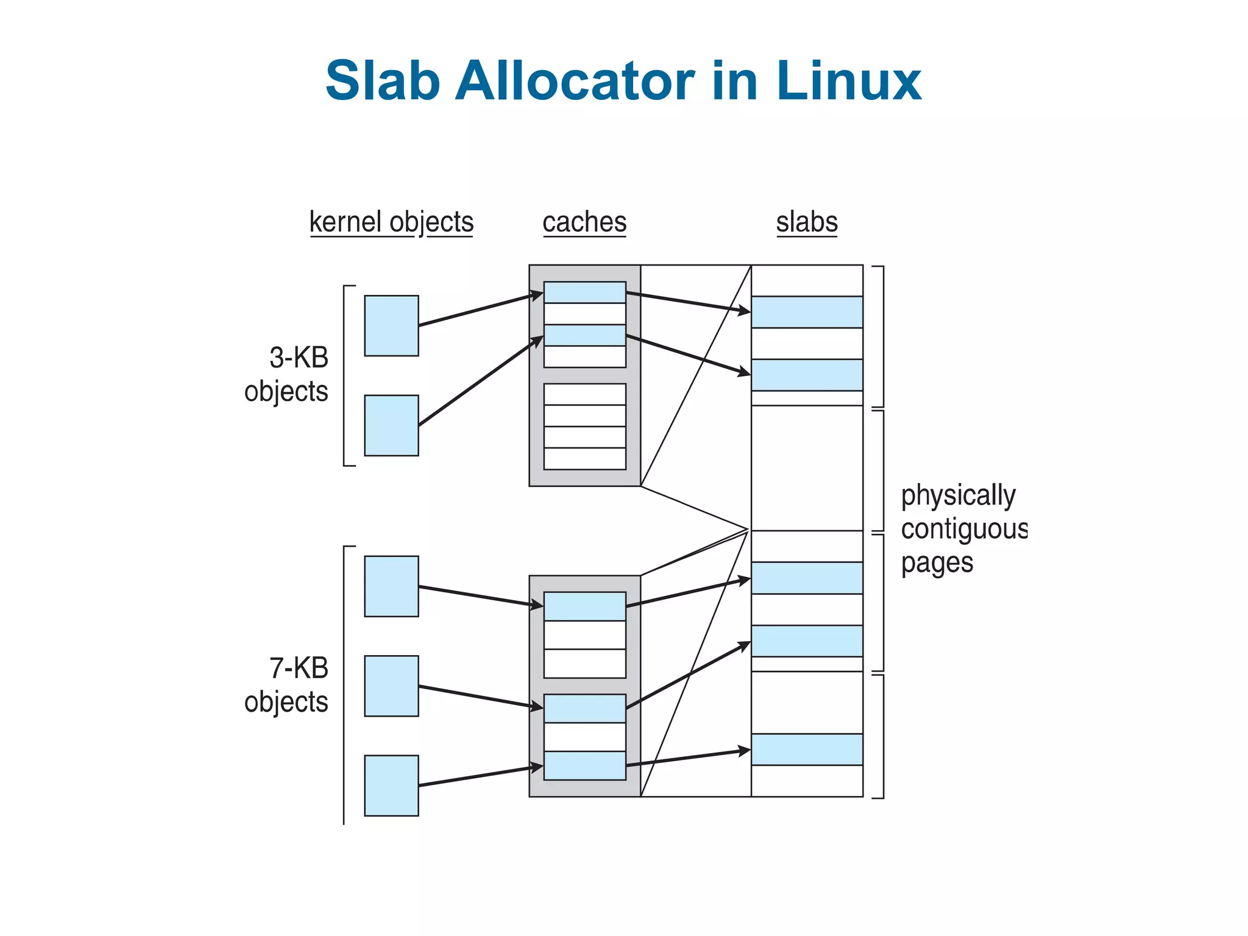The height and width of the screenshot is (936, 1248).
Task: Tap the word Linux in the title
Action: point(848,81)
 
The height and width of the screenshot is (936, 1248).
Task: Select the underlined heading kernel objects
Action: point(391,222)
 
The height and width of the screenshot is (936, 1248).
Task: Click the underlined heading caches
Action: point(584,222)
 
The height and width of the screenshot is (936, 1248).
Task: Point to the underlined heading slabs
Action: point(807,222)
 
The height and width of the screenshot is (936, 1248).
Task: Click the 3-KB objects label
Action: point(286,374)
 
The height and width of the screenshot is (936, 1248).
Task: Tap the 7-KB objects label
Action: point(286,685)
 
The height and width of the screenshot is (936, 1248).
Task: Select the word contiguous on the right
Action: point(964,529)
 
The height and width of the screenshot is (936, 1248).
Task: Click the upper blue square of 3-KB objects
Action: point(391,325)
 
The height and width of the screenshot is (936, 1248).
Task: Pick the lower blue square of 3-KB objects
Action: point(391,425)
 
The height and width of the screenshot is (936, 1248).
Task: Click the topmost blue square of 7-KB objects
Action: point(391,586)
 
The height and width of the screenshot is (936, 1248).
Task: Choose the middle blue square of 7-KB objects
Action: point(391,686)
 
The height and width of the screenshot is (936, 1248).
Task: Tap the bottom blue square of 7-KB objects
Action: point(391,785)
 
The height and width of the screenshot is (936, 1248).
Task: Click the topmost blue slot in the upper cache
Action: point(584,292)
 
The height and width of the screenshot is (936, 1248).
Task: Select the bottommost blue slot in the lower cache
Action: point(584,765)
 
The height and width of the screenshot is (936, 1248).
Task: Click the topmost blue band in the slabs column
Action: point(807,312)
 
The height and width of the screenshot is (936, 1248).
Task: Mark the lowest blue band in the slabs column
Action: point(807,750)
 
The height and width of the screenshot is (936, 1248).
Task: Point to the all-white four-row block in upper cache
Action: point(584,427)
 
